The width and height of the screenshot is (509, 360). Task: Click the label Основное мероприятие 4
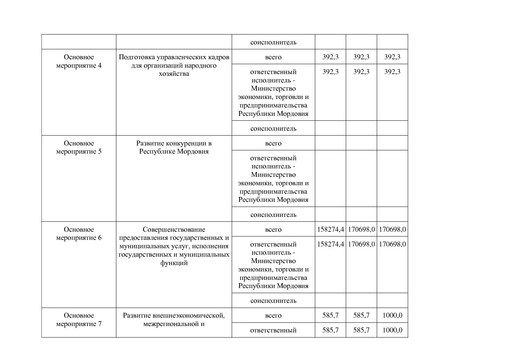coord(79,61)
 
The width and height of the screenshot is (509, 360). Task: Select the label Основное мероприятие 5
coord(79,147)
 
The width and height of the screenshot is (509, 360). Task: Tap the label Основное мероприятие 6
coord(79,234)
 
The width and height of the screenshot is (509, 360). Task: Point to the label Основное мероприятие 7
coord(79,320)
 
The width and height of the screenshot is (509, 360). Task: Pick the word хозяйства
coord(174,74)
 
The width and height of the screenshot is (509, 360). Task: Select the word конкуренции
coord(185,143)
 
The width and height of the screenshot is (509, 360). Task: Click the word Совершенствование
coord(174,230)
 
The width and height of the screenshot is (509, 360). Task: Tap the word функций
coord(174,263)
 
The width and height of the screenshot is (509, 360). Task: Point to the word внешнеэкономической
coord(191,316)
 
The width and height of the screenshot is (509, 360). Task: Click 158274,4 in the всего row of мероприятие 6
coord(330,230)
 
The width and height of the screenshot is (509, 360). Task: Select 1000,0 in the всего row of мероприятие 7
coord(392,316)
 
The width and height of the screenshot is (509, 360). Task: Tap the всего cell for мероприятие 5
coord(273,143)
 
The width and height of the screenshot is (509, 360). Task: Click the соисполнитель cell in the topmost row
coord(273,42)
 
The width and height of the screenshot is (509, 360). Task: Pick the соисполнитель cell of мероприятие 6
coord(273,301)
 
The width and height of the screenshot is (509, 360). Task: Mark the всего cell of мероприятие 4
coord(273,57)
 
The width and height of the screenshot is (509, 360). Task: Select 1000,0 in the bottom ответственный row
coord(392,330)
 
